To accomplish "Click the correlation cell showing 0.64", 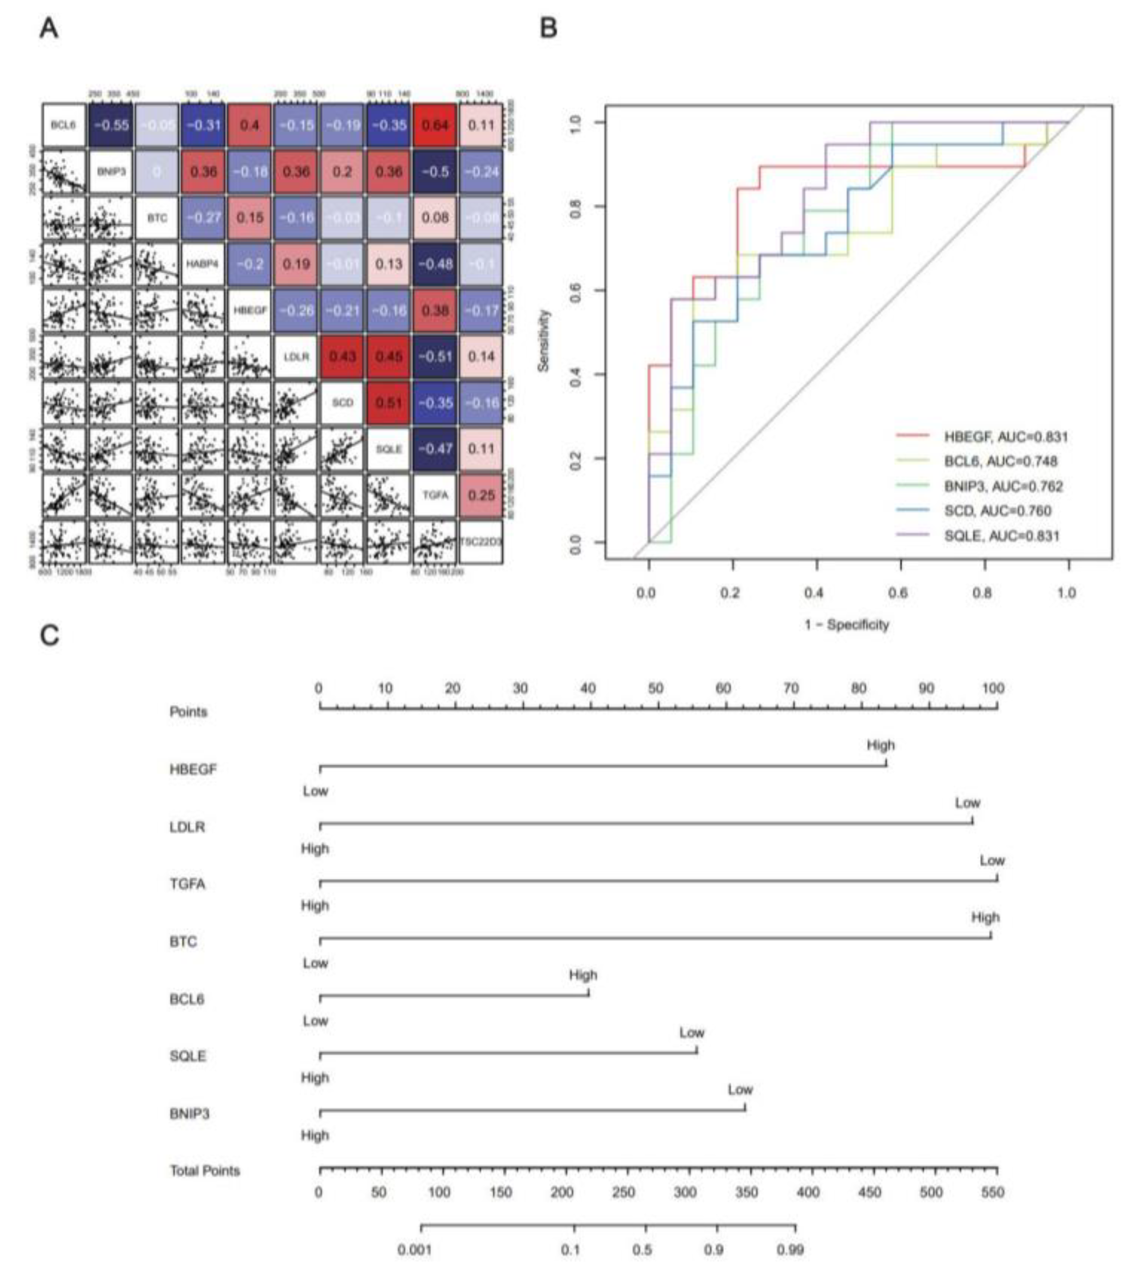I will (435, 125).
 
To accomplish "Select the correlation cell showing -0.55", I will (110, 125).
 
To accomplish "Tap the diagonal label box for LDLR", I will (295, 356).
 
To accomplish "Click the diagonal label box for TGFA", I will (435, 495).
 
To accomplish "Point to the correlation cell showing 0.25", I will (481, 495).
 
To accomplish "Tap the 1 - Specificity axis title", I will (847, 624).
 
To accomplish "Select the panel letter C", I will (49, 636).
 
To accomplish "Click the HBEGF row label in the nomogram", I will (193, 769).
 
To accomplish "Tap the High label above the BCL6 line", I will (583, 975).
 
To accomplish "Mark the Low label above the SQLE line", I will (691, 1032).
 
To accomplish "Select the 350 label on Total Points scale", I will (745, 1192).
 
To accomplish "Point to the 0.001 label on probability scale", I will (414, 1249).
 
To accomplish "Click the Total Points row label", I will (205, 1170).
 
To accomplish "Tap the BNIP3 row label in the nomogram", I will (190, 1114).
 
